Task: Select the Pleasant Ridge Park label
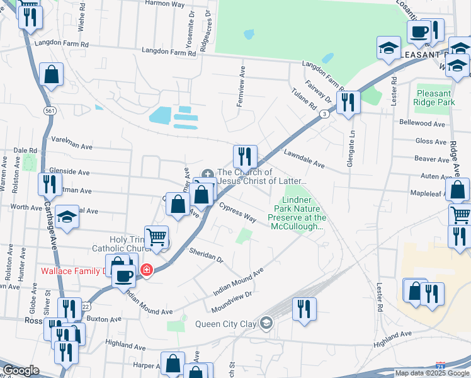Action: (x=435, y=97)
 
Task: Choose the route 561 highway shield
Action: (x=49, y=111)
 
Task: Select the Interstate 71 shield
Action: (x=440, y=365)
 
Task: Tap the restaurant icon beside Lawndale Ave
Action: (x=245, y=156)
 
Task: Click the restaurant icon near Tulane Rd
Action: (x=348, y=102)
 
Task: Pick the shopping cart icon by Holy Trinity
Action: (x=156, y=237)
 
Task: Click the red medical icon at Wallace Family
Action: (x=147, y=270)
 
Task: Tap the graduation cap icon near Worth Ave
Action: (x=67, y=216)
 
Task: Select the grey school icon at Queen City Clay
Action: (x=266, y=324)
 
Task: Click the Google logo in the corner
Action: (x=20, y=370)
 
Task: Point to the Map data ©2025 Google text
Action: (x=432, y=373)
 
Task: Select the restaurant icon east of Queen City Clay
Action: (x=304, y=309)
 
